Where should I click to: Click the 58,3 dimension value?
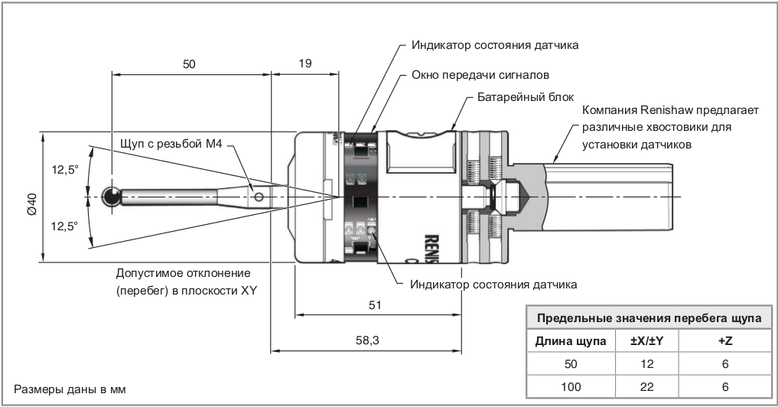[x=369, y=341]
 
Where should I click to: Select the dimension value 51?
[x=375, y=304]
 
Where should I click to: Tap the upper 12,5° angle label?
[x=65, y=171]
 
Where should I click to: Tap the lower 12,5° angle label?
[x=65, y=226]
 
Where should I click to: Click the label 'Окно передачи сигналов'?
[x=480, y=76]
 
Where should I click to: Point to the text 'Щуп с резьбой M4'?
[x=171, y=144]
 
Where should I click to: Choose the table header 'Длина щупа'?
[x=571, y=340]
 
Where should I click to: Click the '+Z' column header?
[x=725, y=340]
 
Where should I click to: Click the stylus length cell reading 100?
[x=571, y=387]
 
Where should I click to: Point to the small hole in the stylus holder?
[x=259, y=197]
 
